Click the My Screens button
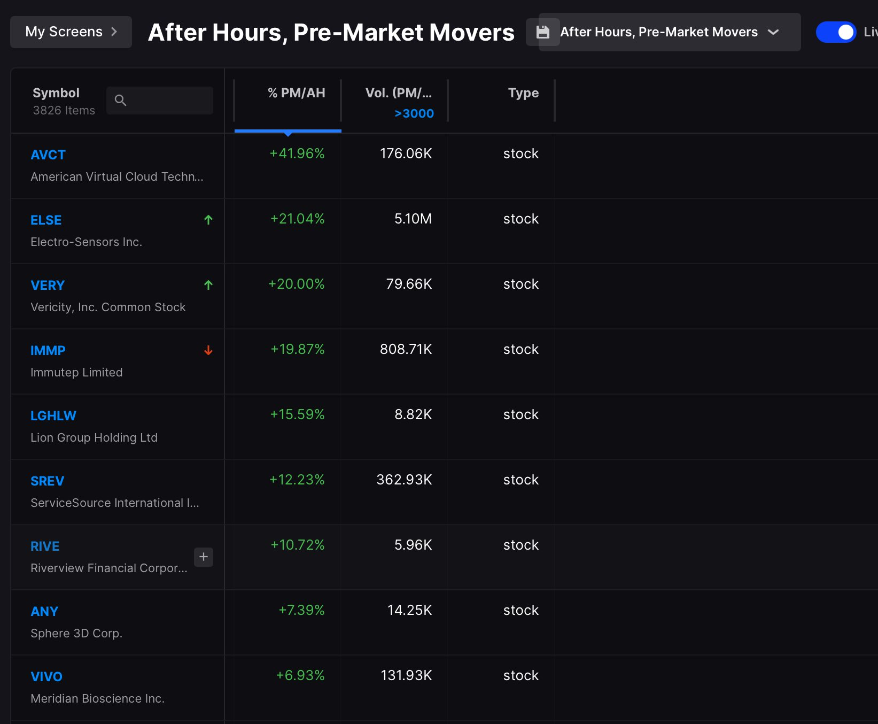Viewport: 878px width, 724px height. point(71,32)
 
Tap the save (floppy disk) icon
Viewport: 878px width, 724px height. point(543,32)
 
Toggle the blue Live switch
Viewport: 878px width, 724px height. point(836,32)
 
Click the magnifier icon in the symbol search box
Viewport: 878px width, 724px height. point(121,100)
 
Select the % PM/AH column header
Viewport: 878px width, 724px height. point(297,93)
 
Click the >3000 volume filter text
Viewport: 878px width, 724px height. point(414,113)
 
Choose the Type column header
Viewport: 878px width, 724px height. point(523,93)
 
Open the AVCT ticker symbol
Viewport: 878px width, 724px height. point(48,155)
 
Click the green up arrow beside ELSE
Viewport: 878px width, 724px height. point(208,220)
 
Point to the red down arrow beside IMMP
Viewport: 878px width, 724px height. point(208,350)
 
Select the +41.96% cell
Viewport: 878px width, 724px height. point(297,154)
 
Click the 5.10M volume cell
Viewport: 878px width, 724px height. point(413,219)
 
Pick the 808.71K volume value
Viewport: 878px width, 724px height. point(406,350)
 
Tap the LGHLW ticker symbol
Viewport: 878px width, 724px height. point(53,416)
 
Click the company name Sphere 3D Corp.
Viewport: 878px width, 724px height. point(76,634)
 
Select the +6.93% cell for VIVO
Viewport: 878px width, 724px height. point(300,676)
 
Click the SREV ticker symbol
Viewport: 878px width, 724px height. point(47,481)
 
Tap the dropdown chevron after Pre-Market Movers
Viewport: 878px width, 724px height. point(773,32)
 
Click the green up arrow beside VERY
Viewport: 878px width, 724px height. point(208,285)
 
